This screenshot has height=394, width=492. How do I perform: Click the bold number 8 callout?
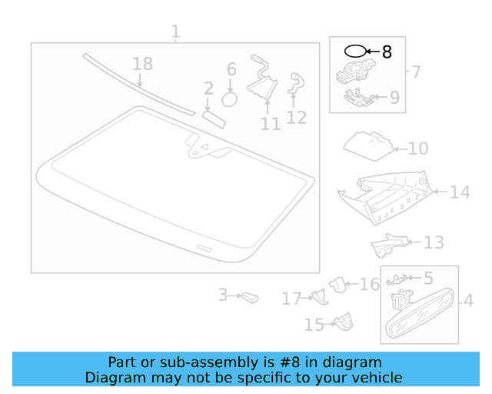[387, 52]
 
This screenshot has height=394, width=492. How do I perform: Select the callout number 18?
[143, 64]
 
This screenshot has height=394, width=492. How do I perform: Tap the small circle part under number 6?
[229, 100]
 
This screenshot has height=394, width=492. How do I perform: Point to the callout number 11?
[271, 124]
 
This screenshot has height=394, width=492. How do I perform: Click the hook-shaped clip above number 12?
[296, 83]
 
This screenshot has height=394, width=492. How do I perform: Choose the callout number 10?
[418, 149]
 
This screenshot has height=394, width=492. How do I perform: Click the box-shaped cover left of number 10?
[368, 146]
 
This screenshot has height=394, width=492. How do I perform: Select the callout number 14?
[460, 192]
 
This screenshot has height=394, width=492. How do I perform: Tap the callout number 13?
[434, 242]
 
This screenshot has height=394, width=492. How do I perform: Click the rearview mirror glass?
[420, 313]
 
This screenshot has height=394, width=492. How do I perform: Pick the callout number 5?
[429, 279]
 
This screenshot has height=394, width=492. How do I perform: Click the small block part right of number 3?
[250, 298]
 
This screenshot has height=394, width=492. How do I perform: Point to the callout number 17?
[292, 299]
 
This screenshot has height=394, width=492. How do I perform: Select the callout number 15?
[314, 325]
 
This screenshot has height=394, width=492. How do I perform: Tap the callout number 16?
[369, 285]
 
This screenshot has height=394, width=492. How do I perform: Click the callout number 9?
[394, 98]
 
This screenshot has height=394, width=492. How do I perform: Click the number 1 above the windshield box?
[176, 32]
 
